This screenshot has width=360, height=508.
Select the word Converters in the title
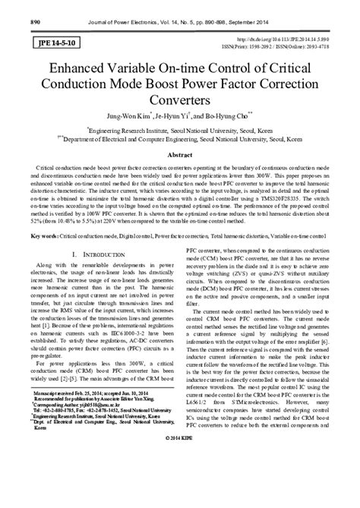tap(179, 100)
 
